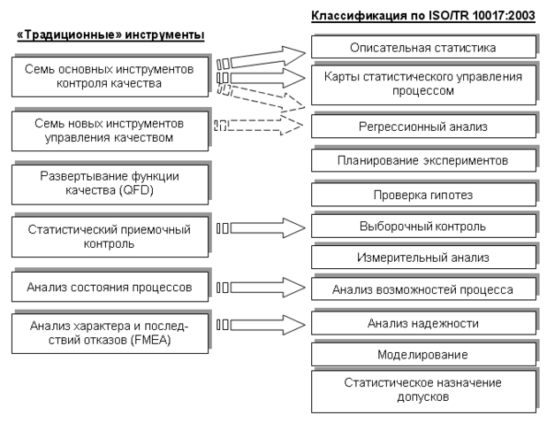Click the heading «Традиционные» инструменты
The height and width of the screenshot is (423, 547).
pyautogui.click(x=110, y=35)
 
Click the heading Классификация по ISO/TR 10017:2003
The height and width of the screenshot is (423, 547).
pyautogui.click(x=423, y=16)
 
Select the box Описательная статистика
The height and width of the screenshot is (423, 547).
pyautogui.click(x=423, y=47)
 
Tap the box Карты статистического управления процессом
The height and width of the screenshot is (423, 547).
pyautogui.click(x=423, y=84)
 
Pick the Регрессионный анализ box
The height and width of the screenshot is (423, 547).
pyautogui.click(x=423, y=126)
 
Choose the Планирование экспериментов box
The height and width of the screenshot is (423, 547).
pyautogui.click(x=423, y=160)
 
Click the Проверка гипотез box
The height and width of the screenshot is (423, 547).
pyautogui.click(x=423, y=195)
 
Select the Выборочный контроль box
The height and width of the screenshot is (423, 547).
pyautogui.click(x=423, y=226)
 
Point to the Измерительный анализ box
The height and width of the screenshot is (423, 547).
pyautogui.click(x=423, y=258)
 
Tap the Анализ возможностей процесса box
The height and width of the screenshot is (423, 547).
pyautogui.click(x=423, y=288)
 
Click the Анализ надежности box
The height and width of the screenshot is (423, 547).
pyautogui.click(x=423, y=323)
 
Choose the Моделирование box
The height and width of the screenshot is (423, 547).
pyautogui.click(x=423, y=354)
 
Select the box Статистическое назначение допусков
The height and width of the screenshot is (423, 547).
pyautogui.click(x=423, y=392)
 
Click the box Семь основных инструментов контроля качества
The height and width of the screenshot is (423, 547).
pyautogui.click(x=110, y=77)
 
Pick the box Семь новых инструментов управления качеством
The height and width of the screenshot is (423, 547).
pyautogui.click(x=110, y=131)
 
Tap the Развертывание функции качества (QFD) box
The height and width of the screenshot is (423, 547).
pyautogui.click(x=110, y=184)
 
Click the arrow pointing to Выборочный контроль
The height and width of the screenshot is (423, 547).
pyautogui.click(x=261, y=228)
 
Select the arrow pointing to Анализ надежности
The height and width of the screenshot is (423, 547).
pyautogui.click(x=261, y=325)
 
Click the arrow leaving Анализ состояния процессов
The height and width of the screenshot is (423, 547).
pyautogui.click(x=261, y=288)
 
